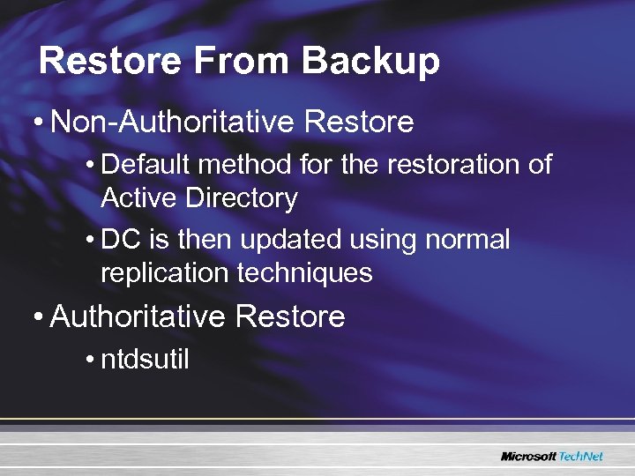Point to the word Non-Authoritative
(x=172, y=122)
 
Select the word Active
(x=140, y=198)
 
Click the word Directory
(x=242, y=199)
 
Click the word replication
(x=165, y=273)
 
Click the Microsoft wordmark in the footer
(x=527, y=456)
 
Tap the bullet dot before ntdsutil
(x=92, y=361)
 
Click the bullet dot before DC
(x=92, y=241)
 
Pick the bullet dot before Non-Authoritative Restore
(x=40, y=123)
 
